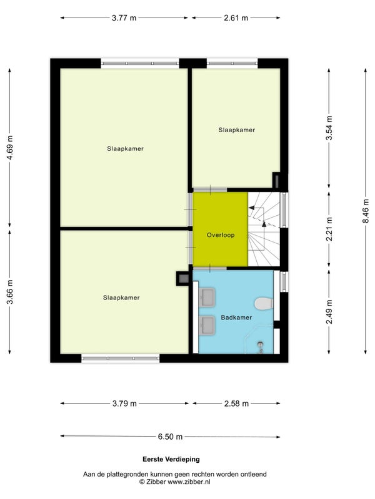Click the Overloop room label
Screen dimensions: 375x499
tap(221, 235)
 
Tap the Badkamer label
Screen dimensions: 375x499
tap(236, 317)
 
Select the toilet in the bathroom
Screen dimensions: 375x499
tap(264, 304)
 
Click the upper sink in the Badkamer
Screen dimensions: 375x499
tap(207, 297)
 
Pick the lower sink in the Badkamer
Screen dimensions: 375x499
tap(207, 325)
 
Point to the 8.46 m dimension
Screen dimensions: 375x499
tap(366, 211)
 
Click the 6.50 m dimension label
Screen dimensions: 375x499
tap(170, 437)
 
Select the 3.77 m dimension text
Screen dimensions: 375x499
tap(124, 18)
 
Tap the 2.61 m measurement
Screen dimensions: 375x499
tap(236, 18)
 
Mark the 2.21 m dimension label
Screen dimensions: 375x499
tap(329, 229)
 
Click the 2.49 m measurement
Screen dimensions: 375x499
tap(329, 312)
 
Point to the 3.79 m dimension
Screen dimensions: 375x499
tap(124, 404)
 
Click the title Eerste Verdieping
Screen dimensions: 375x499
tap(171, 459)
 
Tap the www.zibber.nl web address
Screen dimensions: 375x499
tap(189, 482)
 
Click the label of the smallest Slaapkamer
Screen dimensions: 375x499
tap(237, 130)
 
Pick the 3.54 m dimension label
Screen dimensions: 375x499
tap(329, 128)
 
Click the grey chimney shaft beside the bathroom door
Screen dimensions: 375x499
tap(183, 279)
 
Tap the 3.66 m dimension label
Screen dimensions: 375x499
tap(10, 292)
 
